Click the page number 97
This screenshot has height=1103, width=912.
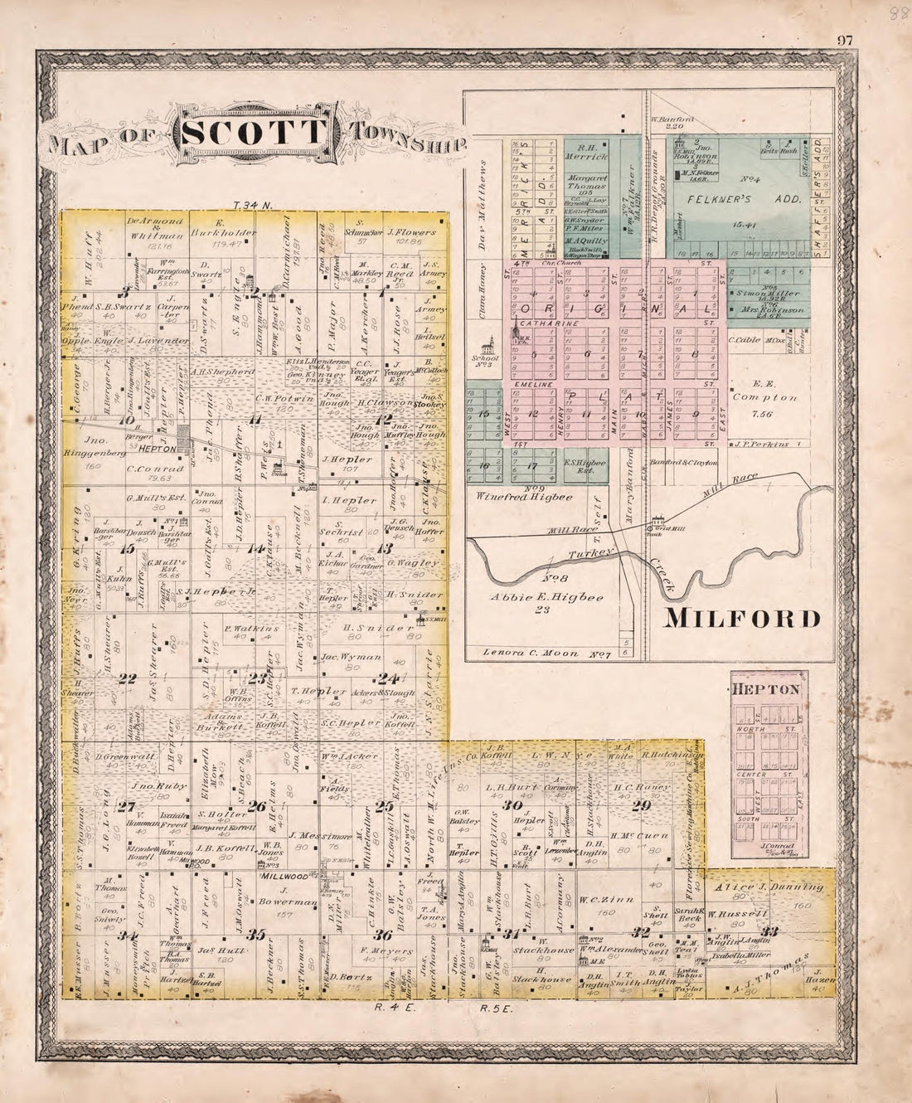[846, 40]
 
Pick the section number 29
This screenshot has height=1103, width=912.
[641, 804]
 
